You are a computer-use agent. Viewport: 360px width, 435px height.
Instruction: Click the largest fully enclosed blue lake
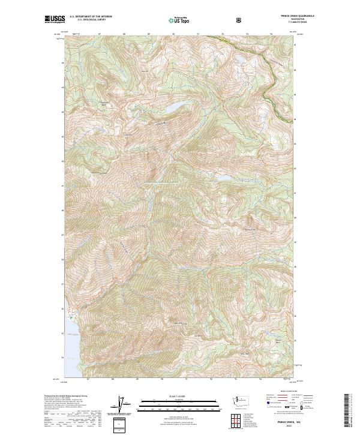point(172,108)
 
